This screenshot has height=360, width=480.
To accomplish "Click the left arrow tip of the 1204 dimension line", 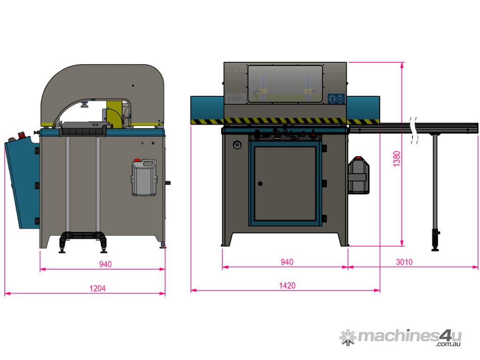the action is pyautogui.click(x=5, y=293).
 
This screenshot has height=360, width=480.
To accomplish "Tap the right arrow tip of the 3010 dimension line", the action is pyautogui.click(x=478, y=267).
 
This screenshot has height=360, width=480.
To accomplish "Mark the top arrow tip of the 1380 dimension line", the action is pyautogui.click(x=402, y=62).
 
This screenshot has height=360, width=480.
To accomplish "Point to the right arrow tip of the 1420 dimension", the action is pyautogui.click(x=380, y=290).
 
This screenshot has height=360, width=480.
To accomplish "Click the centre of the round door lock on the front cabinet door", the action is pyautogui.click(x=260, y=184).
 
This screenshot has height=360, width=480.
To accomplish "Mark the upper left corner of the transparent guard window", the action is pyautogui.click(x=248, y=66).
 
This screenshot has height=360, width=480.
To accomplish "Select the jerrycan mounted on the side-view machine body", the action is pyautogui.click(x=144, y=177).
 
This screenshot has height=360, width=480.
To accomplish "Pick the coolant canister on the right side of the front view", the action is pyautogui.click(x=359, y=175).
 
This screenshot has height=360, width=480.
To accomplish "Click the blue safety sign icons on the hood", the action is pyautogui.click(x=336, y=99).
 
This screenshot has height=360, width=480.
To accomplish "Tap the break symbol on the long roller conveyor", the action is pyautogui.click(x=414, y=130).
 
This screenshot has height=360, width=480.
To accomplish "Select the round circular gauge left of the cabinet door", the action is pyautogui.click(x=237, y=145).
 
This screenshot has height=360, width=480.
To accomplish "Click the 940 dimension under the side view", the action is pyautogui.click(x=105, y=264).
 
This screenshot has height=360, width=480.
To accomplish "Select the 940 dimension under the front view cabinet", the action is pyautogui.click(x=287, y=262).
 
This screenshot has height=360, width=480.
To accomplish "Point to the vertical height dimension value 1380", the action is pyautogui.click(x=397, y=158).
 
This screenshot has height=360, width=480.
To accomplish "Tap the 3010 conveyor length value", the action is pyautogui.click(x=404, y=262).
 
